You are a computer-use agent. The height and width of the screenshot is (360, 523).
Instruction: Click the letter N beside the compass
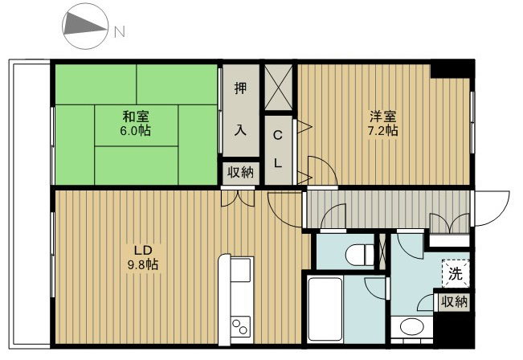click(x=119, y=32)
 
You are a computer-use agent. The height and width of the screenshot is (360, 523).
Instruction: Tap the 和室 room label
click(x=134, y=117)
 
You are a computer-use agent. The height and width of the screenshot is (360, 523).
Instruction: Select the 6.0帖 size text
click(x=134, y=130)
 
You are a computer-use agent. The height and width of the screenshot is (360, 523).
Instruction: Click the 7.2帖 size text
click(x=382, y=130)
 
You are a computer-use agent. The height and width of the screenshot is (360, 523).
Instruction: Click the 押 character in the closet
click(x=240, y=88)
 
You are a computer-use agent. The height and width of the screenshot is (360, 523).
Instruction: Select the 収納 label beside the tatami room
click(x=239, y=172)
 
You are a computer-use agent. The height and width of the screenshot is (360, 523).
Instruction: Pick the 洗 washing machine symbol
click(x=455, y=273)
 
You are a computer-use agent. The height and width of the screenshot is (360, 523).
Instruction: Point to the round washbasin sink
click(x=411, y=327)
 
